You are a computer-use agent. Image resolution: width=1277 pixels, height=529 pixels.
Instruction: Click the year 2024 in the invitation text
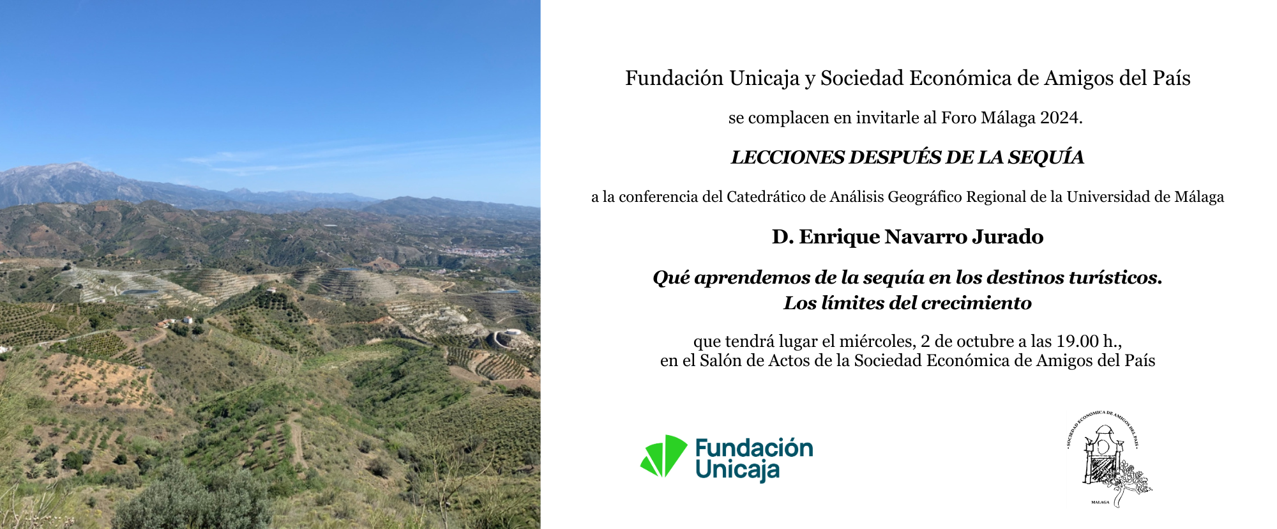(1060, 118)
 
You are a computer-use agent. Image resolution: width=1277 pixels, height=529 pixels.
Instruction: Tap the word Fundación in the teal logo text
(754, 448)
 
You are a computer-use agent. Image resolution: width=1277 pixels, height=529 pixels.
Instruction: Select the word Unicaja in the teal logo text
(737, 471)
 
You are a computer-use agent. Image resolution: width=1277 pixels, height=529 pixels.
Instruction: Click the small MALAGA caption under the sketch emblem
(1100, 502)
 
